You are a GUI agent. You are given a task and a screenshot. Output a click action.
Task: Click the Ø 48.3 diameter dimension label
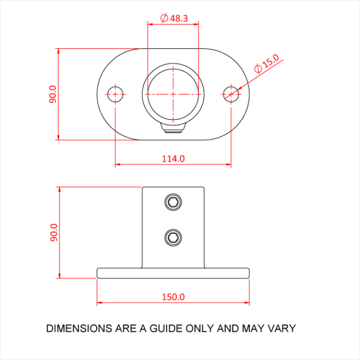point(174,18)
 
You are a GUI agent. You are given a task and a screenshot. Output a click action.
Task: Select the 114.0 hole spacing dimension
point(173,158)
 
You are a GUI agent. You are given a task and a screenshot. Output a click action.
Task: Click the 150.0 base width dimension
point(173,297)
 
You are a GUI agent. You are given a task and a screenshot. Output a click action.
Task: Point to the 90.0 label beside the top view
point(53,94)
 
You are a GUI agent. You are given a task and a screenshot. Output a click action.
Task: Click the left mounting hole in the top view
point(115,94)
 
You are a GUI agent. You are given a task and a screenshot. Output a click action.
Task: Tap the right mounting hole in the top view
point(231,94)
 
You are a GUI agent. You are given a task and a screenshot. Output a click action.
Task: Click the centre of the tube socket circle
point(173,94)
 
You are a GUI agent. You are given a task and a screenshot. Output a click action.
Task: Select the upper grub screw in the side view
point(173,202)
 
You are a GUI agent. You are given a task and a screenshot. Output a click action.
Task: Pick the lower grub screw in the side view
point(173,237)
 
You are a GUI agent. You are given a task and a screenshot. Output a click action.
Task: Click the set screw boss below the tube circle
point(173,128)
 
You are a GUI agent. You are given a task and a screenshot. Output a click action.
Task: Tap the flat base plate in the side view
point(173,273)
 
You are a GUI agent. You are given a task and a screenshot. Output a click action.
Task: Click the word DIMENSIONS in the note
point(77,328)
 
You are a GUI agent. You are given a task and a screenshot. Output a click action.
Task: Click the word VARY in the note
point(281,328)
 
